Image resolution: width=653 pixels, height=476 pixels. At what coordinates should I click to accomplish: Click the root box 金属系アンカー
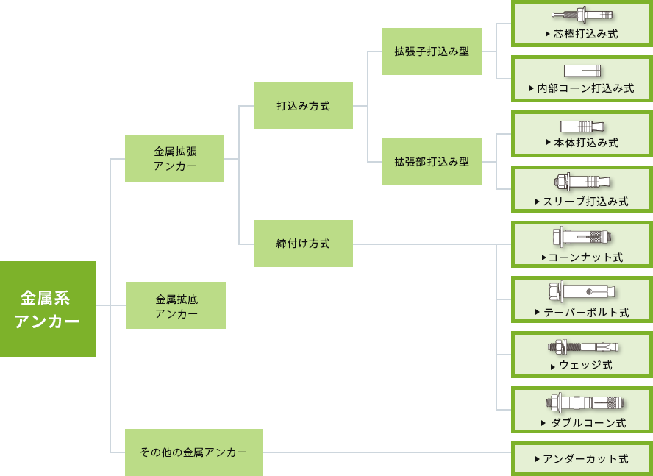tap(48, 309)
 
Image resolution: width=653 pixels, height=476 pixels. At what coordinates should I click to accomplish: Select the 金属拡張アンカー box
tap(174, 159)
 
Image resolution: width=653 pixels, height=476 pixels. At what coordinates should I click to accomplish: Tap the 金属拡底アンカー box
tap(176, 305)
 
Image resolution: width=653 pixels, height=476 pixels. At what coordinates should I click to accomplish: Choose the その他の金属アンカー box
tap(193, 452)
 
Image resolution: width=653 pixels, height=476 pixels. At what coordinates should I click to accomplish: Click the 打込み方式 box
tap(303, 106)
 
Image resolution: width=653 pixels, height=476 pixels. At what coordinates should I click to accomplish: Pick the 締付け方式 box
tap(303, 244)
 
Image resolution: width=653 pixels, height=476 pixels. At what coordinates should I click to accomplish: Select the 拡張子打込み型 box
tap(432, 51)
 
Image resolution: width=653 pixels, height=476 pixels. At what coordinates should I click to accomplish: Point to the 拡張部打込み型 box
tap(432, 162)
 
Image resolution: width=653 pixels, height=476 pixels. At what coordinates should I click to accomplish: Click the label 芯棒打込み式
tap(585, 34)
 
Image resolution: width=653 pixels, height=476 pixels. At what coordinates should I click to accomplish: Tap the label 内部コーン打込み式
tap(585, 88)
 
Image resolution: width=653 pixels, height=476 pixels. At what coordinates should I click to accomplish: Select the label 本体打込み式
tap(585, 143)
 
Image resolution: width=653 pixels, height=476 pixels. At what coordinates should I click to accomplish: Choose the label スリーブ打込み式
tap(585, 201)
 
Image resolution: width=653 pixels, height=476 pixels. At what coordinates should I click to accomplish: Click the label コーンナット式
tap(585, 257)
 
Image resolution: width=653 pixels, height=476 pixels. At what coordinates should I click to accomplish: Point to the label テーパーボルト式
tap(585, 313)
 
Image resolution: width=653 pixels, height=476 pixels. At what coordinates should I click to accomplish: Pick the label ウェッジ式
tap(585, 365)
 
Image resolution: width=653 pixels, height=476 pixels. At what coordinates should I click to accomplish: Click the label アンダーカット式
tap(585, 459)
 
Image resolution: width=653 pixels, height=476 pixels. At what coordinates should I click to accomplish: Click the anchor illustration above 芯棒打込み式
tap(582, 15)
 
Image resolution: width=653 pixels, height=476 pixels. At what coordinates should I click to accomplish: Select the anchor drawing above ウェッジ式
tap(582, 347)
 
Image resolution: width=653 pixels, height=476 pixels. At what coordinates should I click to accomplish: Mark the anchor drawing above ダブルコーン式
tap(585, 402)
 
